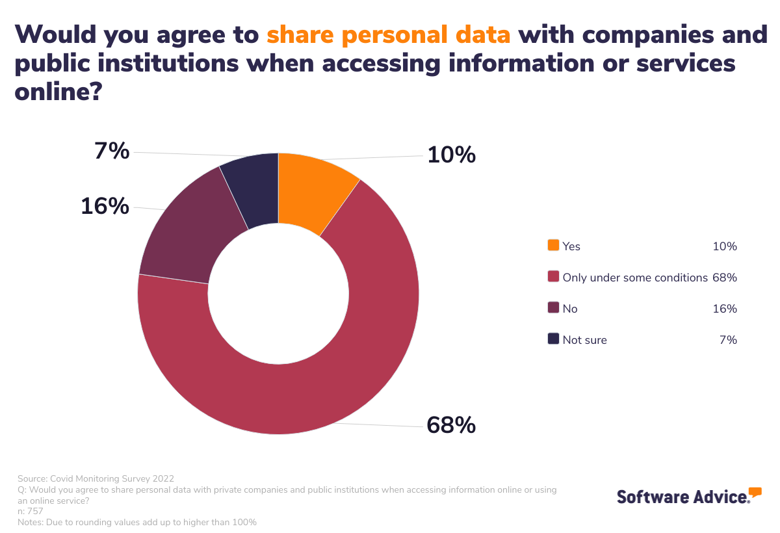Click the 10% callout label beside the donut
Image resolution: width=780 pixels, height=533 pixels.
pyautogui.click(x=451, y=155)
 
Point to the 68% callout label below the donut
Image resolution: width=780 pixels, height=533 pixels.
pyautogui.click(x=451, y=425)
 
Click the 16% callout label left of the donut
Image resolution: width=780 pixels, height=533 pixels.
pyautogui.click(x=105, y=206)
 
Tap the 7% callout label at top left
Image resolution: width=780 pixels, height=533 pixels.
pyautogui.click(x=112, y=151)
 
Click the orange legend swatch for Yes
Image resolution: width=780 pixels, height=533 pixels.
pyautogui.click(x=553, y=246)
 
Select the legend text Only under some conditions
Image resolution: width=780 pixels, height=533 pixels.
pyautogui.click(x=634, y=278)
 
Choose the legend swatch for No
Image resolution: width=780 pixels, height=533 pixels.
pyautogui.click(x=553, y=308)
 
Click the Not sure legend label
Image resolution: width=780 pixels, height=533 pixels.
pyautogui.click(x=584, y=340)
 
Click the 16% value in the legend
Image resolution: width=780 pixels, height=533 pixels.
pyautogui.click(x=725, y=309)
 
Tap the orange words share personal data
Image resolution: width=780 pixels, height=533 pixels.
pyautogui.click(x=389, y=34)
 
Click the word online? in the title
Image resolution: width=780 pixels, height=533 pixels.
pyautogui.click(x=59, y=91)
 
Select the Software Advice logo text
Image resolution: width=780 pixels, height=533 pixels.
pyautogui.click(x=682, y=497)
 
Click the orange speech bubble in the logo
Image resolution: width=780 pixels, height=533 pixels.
pyautogui.click(x=755, y=491)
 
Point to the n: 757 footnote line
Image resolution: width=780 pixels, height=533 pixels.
pyautogui.click(x=31, y=512)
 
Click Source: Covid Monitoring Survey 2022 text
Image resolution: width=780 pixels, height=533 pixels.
pyautogui.click(x=96, y=479)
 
